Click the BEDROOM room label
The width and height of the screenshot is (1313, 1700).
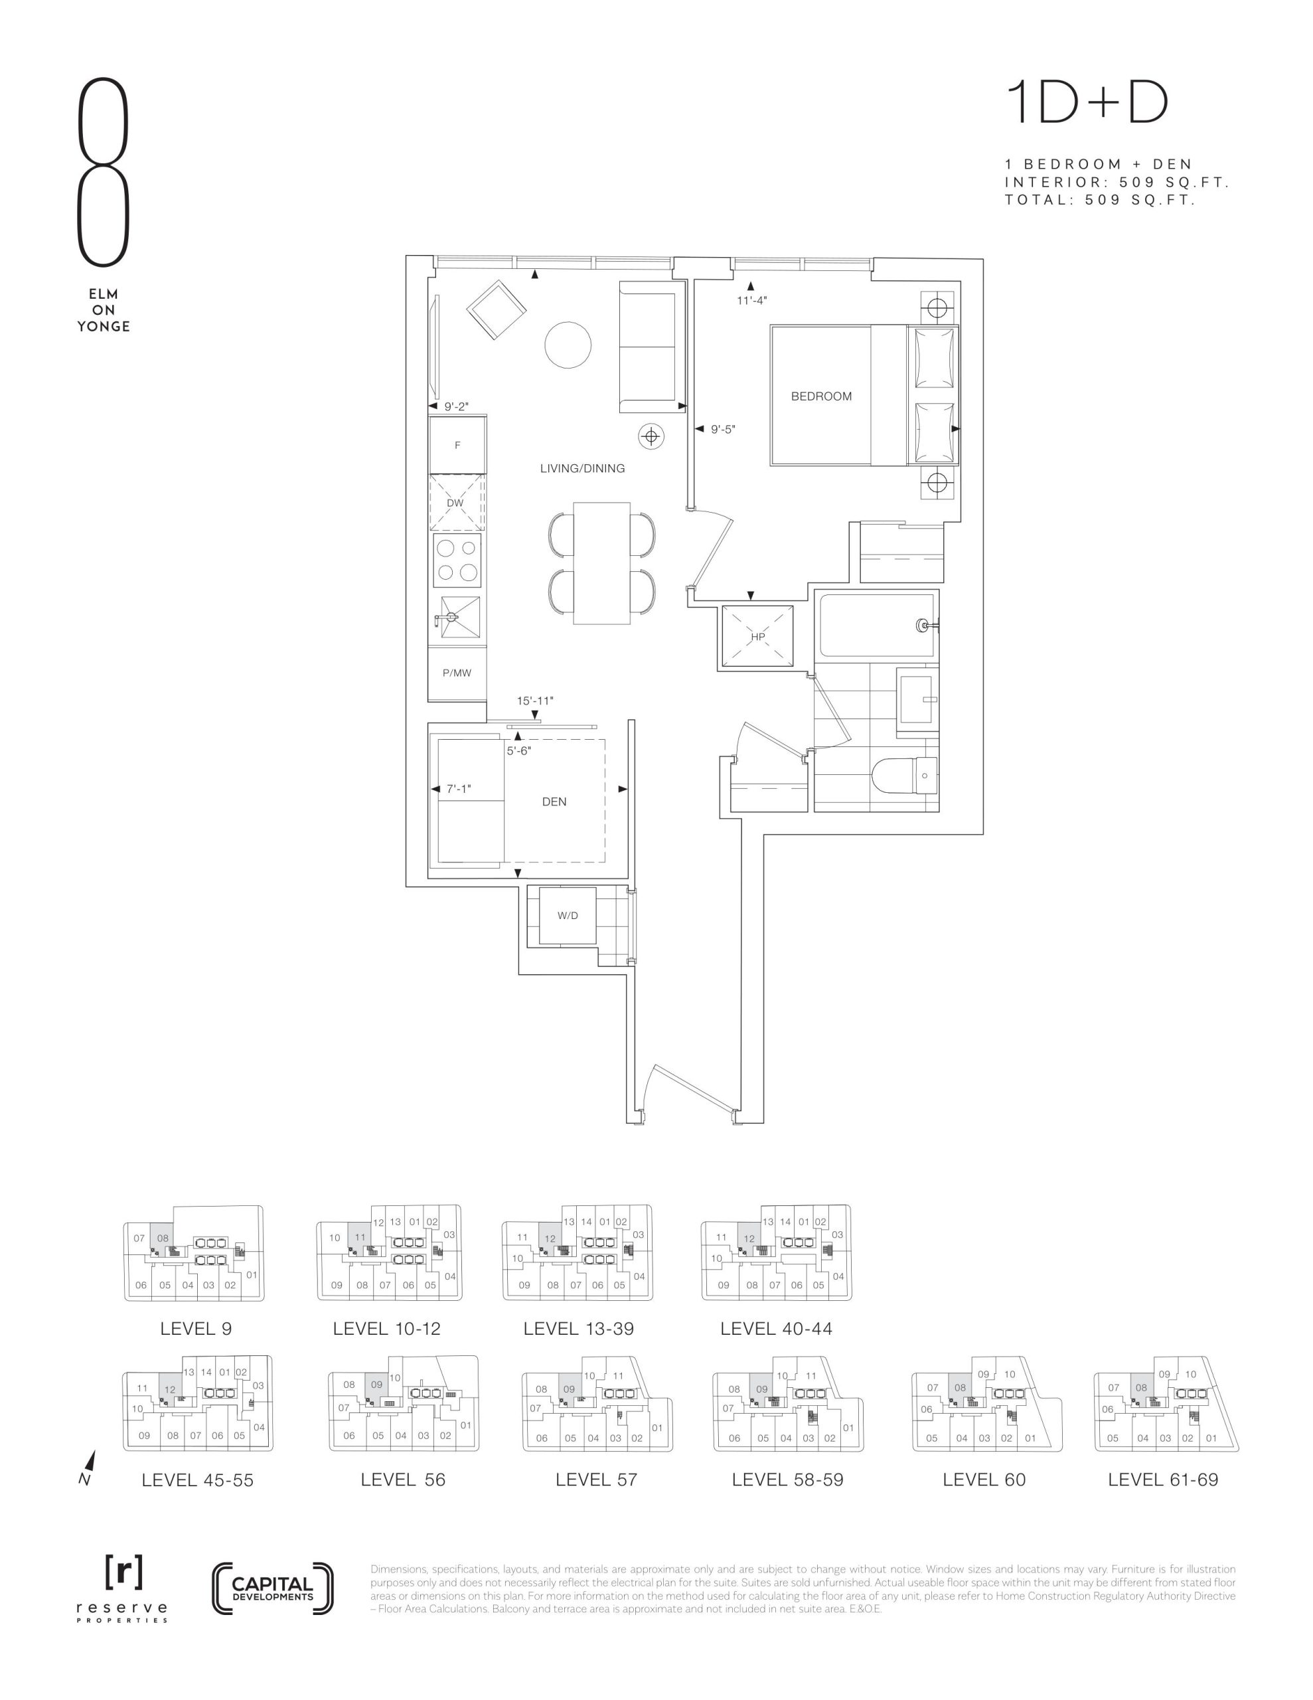coord(821,396)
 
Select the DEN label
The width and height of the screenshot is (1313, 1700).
coord(554,802)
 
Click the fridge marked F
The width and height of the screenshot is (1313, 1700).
coord(457,445)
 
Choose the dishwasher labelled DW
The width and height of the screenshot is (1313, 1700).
coord(456,503)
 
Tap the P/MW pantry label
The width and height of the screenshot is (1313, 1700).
coord(457,673)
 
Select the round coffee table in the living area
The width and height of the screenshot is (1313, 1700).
coord(568,344)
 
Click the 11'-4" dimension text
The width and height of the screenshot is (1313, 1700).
coord(752,300)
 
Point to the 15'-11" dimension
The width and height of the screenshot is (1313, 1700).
coord(536,701)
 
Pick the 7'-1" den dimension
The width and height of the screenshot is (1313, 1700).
coord(459,788)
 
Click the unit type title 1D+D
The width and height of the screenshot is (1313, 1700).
coord(1087,104)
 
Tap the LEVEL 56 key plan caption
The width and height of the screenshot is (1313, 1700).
coord(403,1480)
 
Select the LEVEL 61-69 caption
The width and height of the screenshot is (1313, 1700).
coord(1163,1480)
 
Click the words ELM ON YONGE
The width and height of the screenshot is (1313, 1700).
coord(104,310)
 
